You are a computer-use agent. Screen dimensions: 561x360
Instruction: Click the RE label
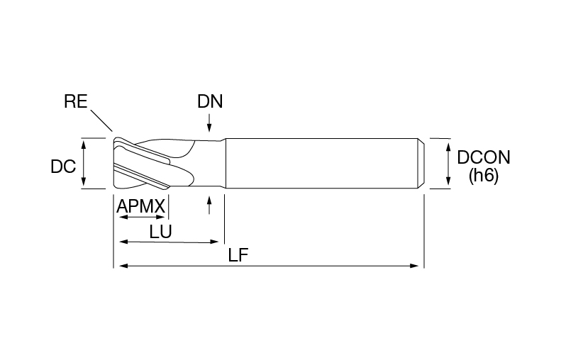tap(75, 101)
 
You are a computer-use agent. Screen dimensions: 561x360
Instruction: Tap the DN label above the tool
tap(210, 101)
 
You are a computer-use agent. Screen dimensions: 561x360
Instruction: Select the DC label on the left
tap(63, 167)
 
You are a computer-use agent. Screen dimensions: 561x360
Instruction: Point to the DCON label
tap(484, 157)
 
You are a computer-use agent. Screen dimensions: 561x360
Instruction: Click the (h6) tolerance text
tap(484, 176)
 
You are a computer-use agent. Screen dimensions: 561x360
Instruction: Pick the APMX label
tap(141, 206)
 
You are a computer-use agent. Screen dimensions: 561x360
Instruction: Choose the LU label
tap(161, 232)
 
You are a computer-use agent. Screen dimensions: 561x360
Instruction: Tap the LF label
tap(238, 255)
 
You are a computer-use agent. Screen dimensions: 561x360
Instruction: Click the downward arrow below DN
tap(210, 123)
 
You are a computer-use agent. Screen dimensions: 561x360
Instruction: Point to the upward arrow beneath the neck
tap(210, 205)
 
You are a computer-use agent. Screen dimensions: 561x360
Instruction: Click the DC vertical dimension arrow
tap(84, 164)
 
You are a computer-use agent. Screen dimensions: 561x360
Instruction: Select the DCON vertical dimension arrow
tap(448, 164)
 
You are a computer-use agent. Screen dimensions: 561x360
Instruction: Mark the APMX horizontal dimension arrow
tap(142, 217)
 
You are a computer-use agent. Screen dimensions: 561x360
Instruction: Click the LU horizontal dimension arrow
tap(169, 242)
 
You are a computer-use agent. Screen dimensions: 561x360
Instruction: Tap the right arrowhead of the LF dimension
tap(414, 266)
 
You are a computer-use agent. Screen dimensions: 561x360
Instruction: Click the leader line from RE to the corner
tap(101, 120)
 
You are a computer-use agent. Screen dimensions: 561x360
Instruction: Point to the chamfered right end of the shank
tap(421, 163)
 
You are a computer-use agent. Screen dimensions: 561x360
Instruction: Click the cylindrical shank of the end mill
tap(322, 163)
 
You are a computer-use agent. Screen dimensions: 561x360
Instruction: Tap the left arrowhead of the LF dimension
tap(123, 266)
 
